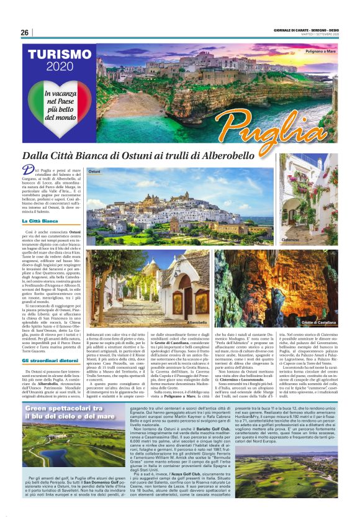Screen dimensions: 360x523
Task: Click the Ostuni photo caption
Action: pyautogui.click(x=94, y=170)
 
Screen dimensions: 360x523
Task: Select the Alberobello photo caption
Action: pyautogui.click(x=197, y=322)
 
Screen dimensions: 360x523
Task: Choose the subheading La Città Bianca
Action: pyautogui.click(x=40, y=221)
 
